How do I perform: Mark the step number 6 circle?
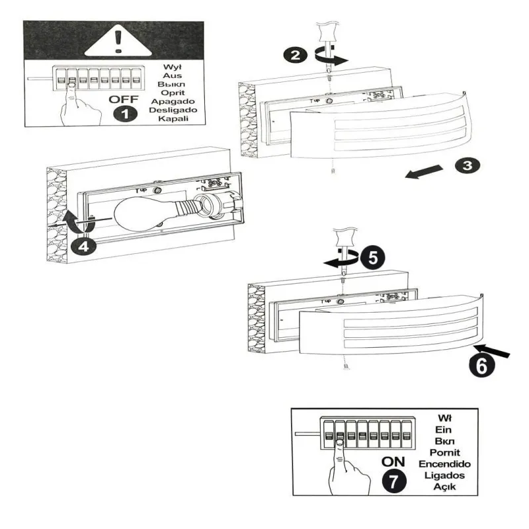click(x=481, y=364)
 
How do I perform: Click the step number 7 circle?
click(x=394, y=481)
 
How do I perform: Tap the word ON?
click(x=394, y=462)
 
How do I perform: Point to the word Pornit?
click(x=444, y=452)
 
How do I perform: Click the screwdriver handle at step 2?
click(x=327, y=32)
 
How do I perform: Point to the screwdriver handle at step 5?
click(x=344, y=236)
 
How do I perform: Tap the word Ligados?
click(x=444, y=475)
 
